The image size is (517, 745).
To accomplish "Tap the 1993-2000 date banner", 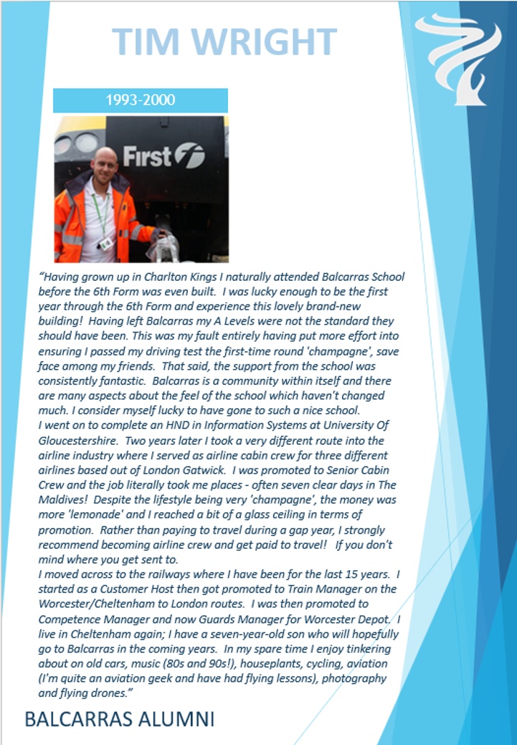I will tap(141, 100).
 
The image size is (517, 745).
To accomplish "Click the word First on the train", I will tap(146, 155).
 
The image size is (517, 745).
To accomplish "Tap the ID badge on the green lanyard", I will tap(106, 244).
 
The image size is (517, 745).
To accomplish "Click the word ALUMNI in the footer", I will tap(174, 719).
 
